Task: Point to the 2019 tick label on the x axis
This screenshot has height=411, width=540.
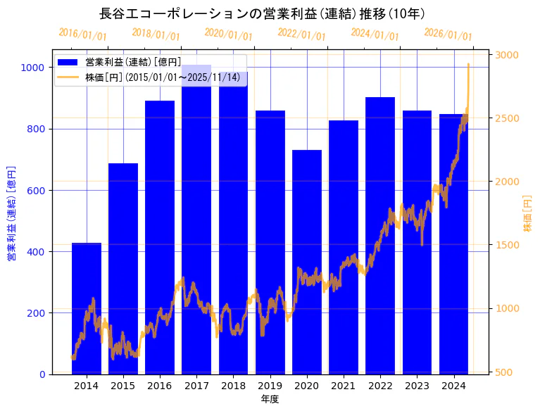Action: coord(270,386)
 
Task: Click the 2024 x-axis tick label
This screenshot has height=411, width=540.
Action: coord(454,386)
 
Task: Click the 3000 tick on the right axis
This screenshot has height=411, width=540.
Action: coord(508,55)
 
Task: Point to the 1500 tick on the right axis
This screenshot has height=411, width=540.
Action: coord(508,245)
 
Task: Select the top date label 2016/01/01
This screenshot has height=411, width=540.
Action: coord(83,34)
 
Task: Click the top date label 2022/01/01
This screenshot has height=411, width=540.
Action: coord(302,34)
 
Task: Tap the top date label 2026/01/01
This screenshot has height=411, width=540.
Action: coord(448,34)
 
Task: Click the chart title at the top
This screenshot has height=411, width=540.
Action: coord(262,13)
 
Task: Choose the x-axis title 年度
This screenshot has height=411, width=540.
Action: coord(270,399)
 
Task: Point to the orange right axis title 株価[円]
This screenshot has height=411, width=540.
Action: coord(528,214)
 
